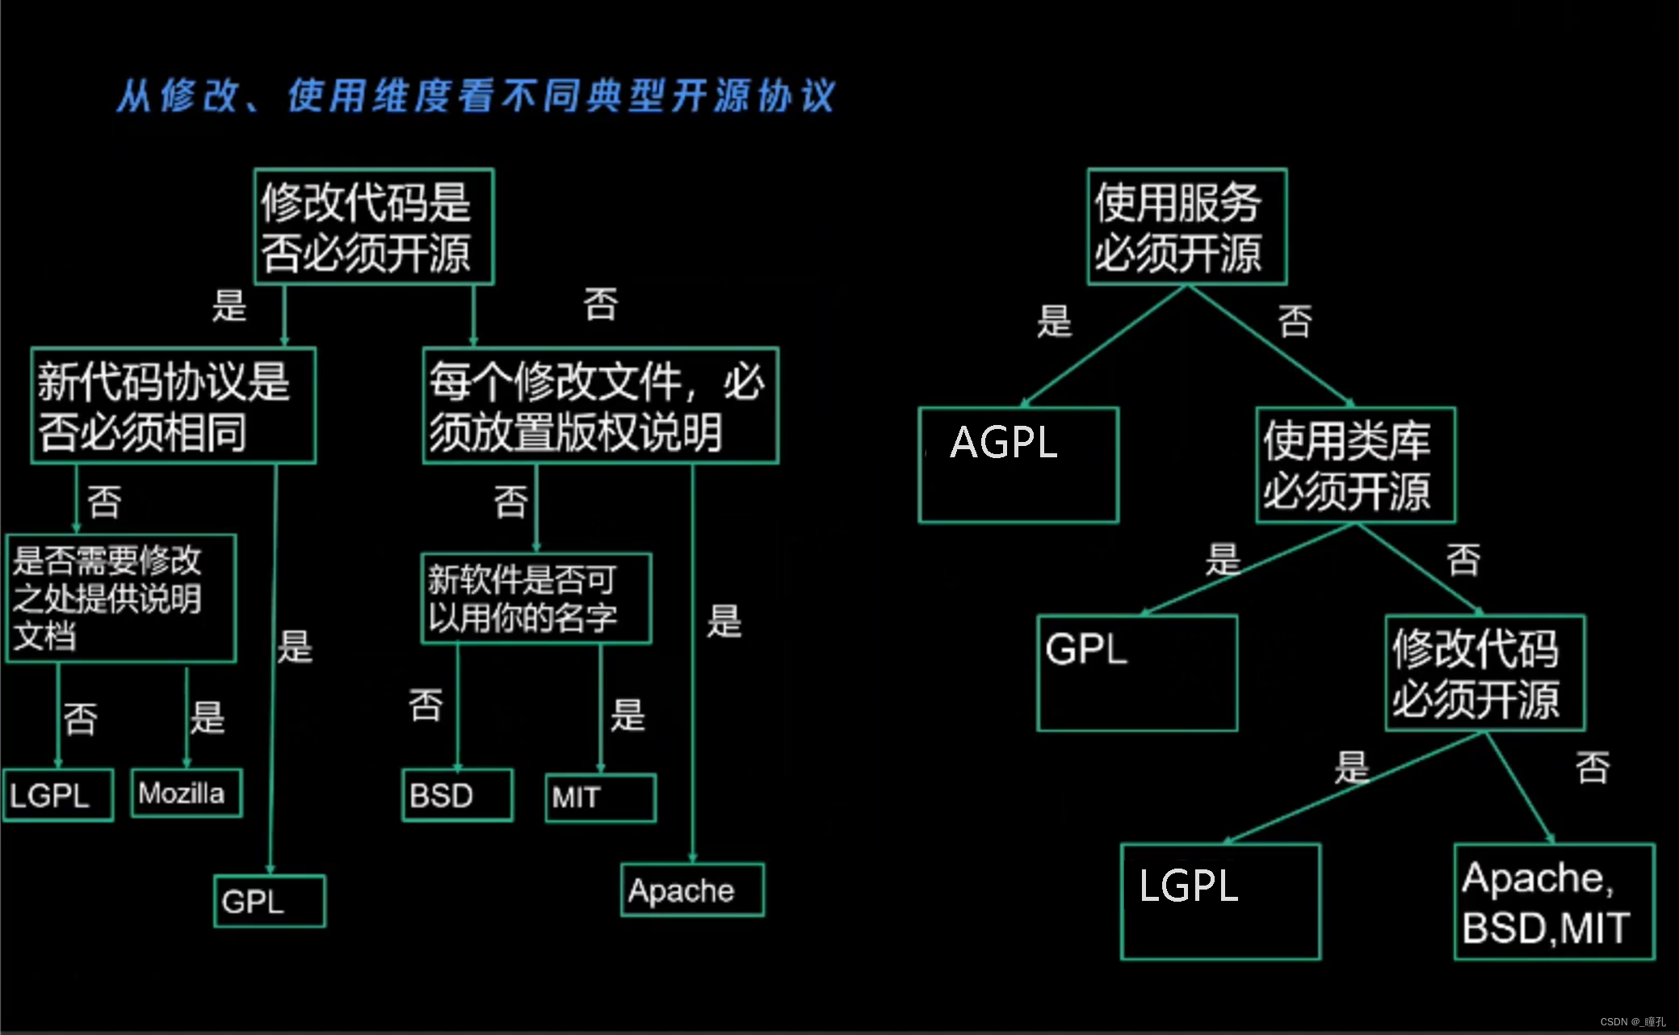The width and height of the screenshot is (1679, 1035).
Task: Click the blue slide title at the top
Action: coord(476,96)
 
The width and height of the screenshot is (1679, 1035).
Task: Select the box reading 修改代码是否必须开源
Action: coord(373,226)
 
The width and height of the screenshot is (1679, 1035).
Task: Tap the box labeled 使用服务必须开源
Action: coord(1186,226)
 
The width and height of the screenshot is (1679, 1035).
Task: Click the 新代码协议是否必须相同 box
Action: coord(173,406)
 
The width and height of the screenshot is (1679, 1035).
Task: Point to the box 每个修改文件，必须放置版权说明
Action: coord(600,406)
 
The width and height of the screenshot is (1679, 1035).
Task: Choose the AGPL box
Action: coord(1018,465)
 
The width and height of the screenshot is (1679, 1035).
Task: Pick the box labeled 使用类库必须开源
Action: coord(1355,465)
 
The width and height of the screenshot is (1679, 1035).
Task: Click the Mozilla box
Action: coord(187,793)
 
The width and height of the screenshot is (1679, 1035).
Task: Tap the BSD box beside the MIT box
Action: coord(457,796)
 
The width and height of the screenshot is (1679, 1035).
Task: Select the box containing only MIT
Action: coord(600,798)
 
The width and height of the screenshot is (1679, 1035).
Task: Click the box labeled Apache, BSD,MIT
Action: coord(1554,902)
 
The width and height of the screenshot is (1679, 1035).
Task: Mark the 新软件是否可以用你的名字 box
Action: coord(536,599)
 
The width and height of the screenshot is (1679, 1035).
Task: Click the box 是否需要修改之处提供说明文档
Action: coord(121,599)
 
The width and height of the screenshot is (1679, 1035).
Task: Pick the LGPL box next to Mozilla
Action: coord(58,796)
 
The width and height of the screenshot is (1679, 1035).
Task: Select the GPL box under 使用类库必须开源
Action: coord(1137,673)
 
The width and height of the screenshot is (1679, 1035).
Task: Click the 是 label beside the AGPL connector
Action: coord(1055,321)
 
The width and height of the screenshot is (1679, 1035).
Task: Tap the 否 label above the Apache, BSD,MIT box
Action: coord(1593,767)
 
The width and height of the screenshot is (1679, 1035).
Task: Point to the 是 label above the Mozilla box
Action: coord(208,717)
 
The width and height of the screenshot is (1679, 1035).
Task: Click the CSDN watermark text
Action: coord(1632,1022)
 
